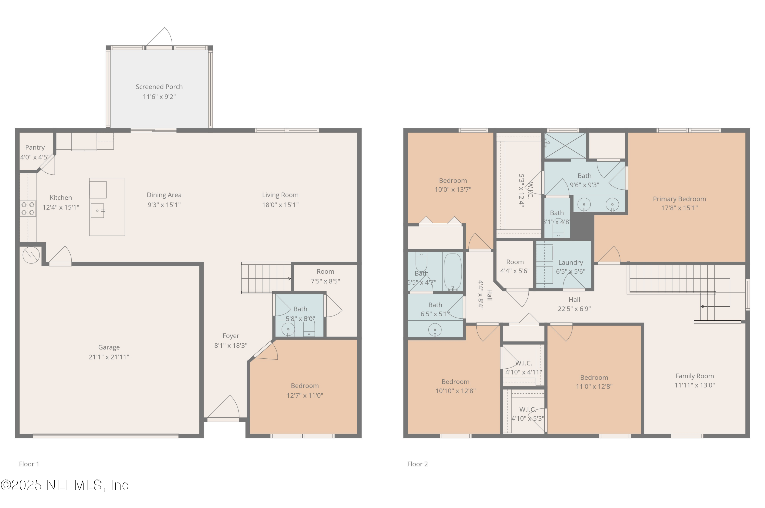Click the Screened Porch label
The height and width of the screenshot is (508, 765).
click(159, 87)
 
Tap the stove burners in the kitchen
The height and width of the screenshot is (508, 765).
click(28, 209)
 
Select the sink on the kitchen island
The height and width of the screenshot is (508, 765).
click(97, 211)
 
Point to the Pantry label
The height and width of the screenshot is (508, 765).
click(35, 147)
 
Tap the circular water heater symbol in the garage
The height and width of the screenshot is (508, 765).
click(31, 255)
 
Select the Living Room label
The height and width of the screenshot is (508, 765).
click(280, 195)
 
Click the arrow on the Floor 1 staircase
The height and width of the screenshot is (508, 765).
click(289, 278)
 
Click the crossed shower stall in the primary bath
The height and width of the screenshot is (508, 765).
click(565, 146)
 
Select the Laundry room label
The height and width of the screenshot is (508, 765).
click(570, 262)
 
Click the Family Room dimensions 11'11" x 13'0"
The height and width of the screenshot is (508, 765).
click(694, 385)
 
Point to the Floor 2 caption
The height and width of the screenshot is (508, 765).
click(417, 464)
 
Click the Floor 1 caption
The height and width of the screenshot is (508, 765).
click(29, 464)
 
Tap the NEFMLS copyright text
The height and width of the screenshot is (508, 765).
click(65, 485)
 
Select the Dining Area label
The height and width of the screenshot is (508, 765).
click(164, 195)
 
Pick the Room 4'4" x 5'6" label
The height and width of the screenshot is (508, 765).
click(515, 262)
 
